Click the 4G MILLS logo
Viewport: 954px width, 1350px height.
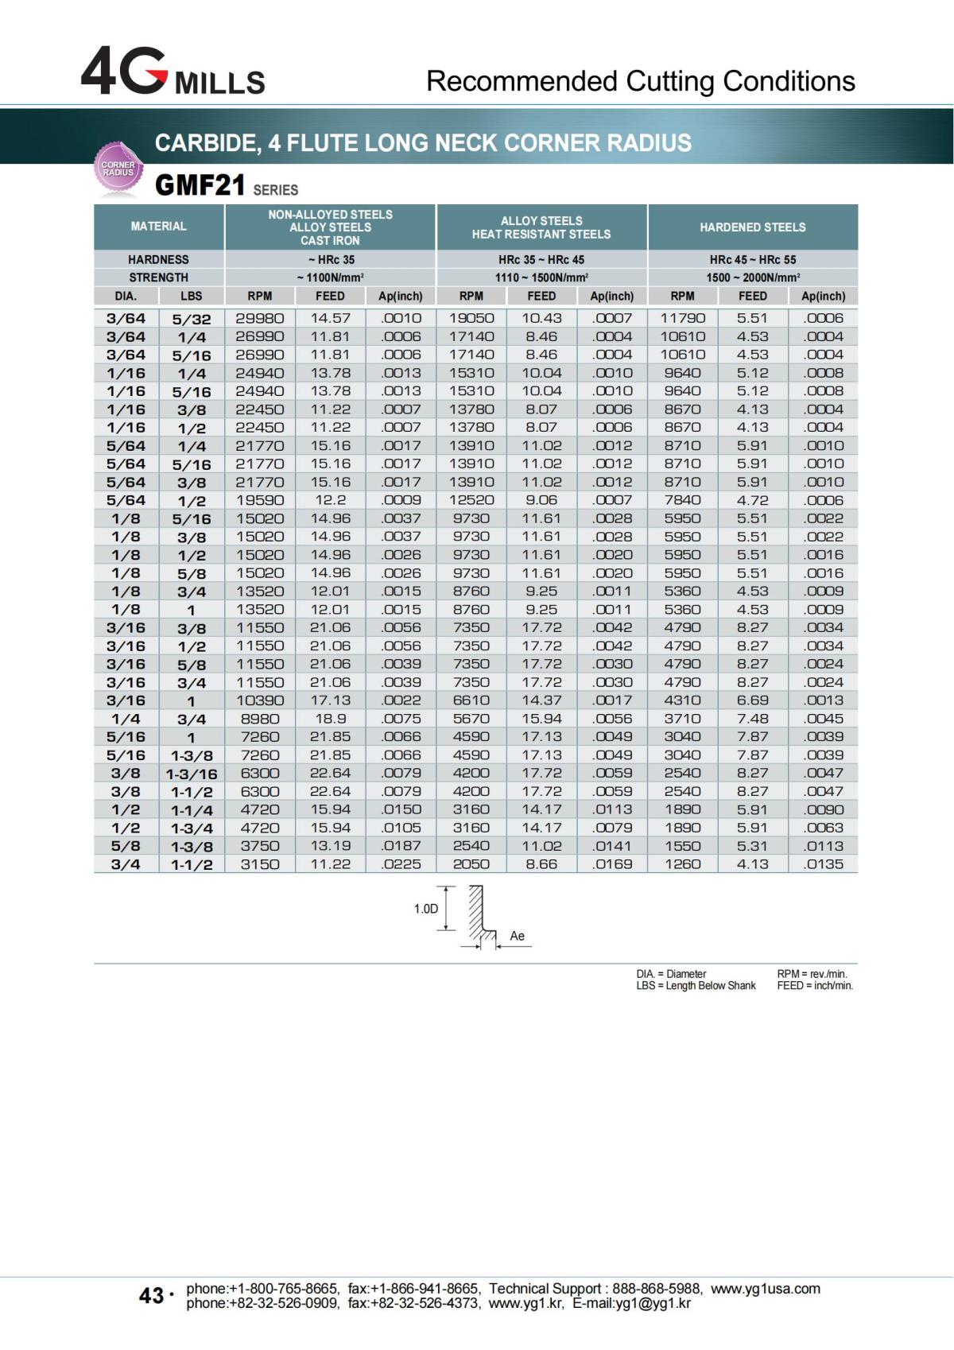(173, 72)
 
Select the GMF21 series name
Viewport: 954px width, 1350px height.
(200, 185)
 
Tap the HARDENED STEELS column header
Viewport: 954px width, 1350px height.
(752, 227)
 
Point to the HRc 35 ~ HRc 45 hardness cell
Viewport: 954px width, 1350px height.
(541, 260)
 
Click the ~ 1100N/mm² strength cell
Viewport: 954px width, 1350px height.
(330, 277)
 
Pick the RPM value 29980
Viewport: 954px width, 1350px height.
(259, 318)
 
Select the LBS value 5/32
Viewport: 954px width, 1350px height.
(192, 319)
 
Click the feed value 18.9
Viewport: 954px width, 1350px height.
(330, 719)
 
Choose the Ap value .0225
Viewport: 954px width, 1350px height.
(401, 864)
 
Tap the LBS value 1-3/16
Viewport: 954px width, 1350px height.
(192, 774)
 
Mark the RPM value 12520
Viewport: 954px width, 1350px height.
(471, 500)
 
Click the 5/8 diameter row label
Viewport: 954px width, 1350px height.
(126, 846)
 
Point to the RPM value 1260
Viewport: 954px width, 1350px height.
(682, 864)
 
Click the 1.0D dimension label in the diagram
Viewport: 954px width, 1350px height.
(426, 909)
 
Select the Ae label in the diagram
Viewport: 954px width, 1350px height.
(517, 936)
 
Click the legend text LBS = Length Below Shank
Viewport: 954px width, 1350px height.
(696, 986)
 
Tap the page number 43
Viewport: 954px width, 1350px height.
(151, 1296)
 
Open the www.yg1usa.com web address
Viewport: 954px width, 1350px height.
(765, 1289)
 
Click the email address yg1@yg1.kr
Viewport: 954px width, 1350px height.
(651, 1303)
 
